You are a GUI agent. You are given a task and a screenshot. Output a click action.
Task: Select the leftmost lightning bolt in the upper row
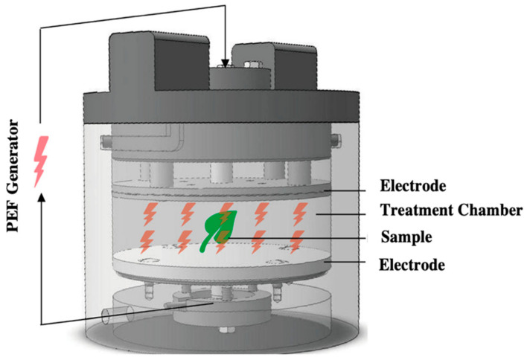click(149, 213)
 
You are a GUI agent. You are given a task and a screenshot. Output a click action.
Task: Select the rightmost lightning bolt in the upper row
click(302, 213)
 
